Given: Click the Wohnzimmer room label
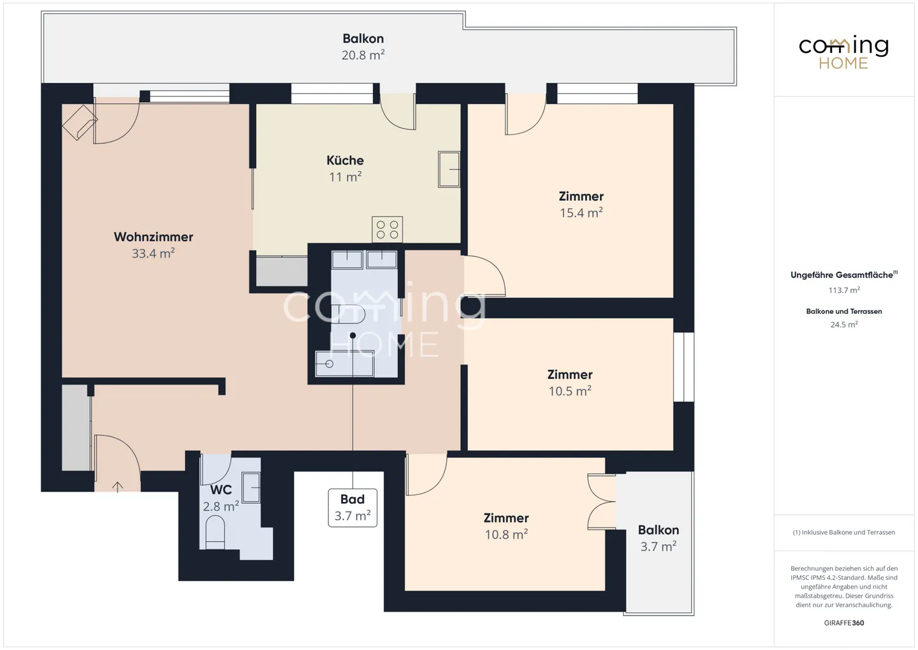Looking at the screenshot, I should click(x=153, y=237).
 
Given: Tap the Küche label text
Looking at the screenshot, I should click(x=345, y=160).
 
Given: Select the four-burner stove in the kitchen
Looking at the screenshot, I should click(x=387, y=230).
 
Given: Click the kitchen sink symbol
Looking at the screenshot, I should click(x=449, y=169).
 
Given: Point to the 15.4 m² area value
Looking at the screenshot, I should click(x=581, y=213).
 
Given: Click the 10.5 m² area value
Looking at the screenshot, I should click(x=569, y=391).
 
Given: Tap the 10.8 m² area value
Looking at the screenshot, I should click(x=506, y=535).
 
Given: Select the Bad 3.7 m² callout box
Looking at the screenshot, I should click(x=353, y=508).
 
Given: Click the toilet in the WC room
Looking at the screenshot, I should click(x=215, y=532).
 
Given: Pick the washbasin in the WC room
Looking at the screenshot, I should click(x=251, y=488).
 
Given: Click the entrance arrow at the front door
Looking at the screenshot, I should click(x=117, y=487).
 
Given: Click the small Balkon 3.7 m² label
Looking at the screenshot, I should click(x=658, y=538).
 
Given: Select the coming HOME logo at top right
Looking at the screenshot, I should click(x=843, y=52).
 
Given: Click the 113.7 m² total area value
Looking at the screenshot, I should click(x=843, y=290).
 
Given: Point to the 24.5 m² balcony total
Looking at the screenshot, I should click(x=843, y=325).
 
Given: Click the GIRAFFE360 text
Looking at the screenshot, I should click(x=843, y=623).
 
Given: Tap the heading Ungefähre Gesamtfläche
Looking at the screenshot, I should click(x=841, y=275).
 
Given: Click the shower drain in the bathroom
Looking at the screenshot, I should click(x=329, y=364).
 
